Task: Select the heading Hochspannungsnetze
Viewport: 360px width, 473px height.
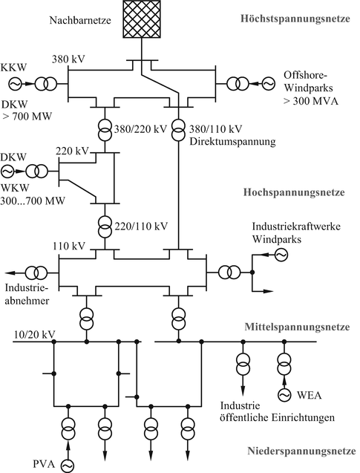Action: (293, 192)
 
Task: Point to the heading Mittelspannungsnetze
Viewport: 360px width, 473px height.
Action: (294, 327)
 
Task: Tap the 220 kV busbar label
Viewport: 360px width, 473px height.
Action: (71, 151)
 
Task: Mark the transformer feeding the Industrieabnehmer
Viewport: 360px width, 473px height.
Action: (36, 273)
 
